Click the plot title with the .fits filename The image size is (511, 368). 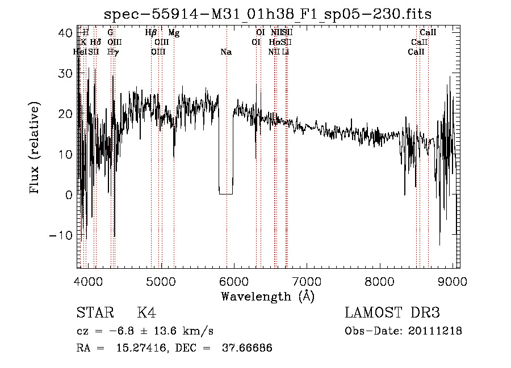pos(272,14)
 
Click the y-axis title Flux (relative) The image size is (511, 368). pos(35,149)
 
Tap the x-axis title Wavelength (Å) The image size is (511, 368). pos(267,296)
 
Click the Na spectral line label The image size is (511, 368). pos(226,52)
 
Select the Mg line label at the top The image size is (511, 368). pos(174,33)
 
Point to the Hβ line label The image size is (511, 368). pos(150,33)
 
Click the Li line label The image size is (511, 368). pos(286,52)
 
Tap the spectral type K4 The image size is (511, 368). pos(146,313)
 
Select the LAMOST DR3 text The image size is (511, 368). pos(392,313)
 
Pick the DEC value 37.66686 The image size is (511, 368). pos(248,348)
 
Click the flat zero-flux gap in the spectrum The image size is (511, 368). pos(226,194)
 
